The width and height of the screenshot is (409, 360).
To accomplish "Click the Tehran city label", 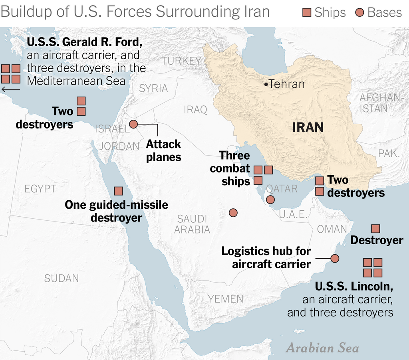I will coord(286,84).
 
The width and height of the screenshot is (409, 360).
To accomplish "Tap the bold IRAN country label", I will coord(308,127).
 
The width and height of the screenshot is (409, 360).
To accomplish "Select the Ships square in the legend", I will coord(307,13).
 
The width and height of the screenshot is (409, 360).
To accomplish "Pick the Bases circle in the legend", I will coord(359,13).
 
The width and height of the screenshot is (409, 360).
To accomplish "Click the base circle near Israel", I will coord(133,124).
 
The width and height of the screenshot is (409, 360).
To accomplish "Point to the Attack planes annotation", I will coord(164,150).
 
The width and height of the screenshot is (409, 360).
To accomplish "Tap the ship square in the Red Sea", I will coord(119,191).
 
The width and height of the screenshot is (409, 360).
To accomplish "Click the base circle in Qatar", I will coord(270,200).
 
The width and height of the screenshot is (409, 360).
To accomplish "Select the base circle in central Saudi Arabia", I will coord(233,213).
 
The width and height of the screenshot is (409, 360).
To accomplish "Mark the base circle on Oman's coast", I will coord(335,259).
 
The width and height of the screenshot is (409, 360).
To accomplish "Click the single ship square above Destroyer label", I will coord(375,229).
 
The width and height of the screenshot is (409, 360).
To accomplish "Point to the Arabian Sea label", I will coord(322,348).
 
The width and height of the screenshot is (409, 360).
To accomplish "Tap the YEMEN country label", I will coord(225,299).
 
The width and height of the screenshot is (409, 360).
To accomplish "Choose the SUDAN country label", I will coord(62,278).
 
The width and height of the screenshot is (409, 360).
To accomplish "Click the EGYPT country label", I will coord(40,189).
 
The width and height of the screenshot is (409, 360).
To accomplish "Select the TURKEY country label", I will coord(182,61).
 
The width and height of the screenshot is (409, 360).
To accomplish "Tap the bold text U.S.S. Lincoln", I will coord(354,286).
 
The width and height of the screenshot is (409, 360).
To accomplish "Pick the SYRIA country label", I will coord(153,88).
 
